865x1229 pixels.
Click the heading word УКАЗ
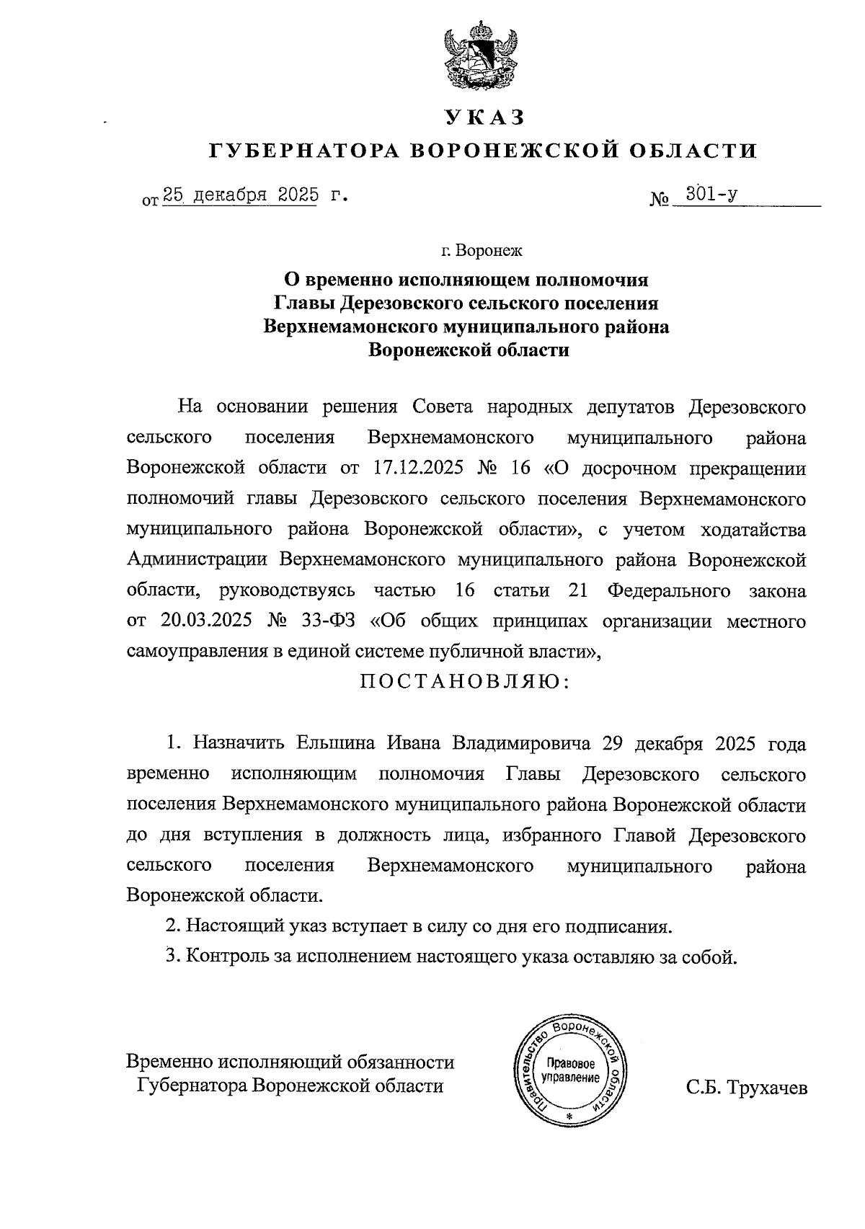(x=482, y=117)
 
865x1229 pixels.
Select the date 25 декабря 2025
(x=240, y=195)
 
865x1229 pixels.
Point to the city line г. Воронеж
(x=482, y=252)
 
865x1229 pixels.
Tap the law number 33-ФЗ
(x=327, y=621)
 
